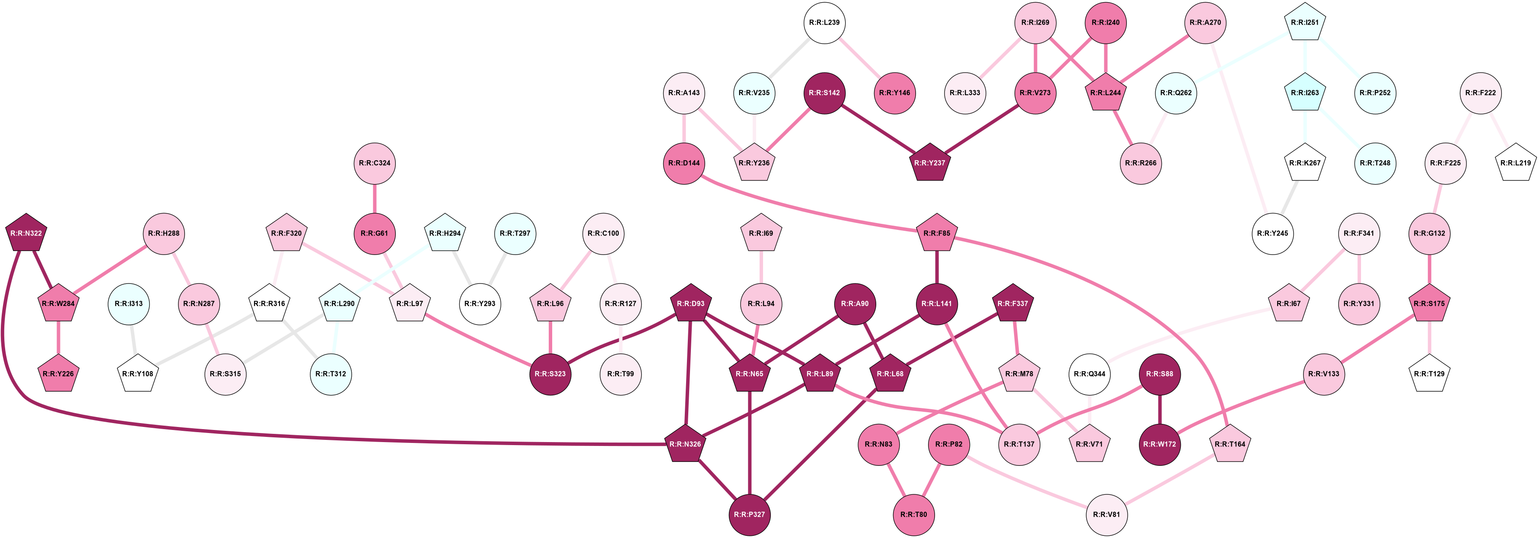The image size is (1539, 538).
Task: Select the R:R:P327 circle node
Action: tap(749, 514)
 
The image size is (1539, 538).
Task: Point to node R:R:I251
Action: tap(1305, 23)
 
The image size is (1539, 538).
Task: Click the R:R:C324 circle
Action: tap(375, 162)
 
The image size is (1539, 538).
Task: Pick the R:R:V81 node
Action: tap(1107, 514)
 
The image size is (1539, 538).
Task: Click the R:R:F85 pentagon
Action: tap(937, 233)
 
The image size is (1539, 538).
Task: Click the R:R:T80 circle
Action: tap(913, 514)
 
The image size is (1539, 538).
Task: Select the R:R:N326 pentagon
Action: tap(685, 444)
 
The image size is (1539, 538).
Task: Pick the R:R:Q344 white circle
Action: tap(1089, 374)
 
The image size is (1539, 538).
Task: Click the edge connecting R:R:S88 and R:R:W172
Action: tap(1159, 409)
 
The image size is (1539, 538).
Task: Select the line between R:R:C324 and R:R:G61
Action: tap(375, 198)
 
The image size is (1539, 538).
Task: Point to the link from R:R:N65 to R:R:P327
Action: tap(749, 443)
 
